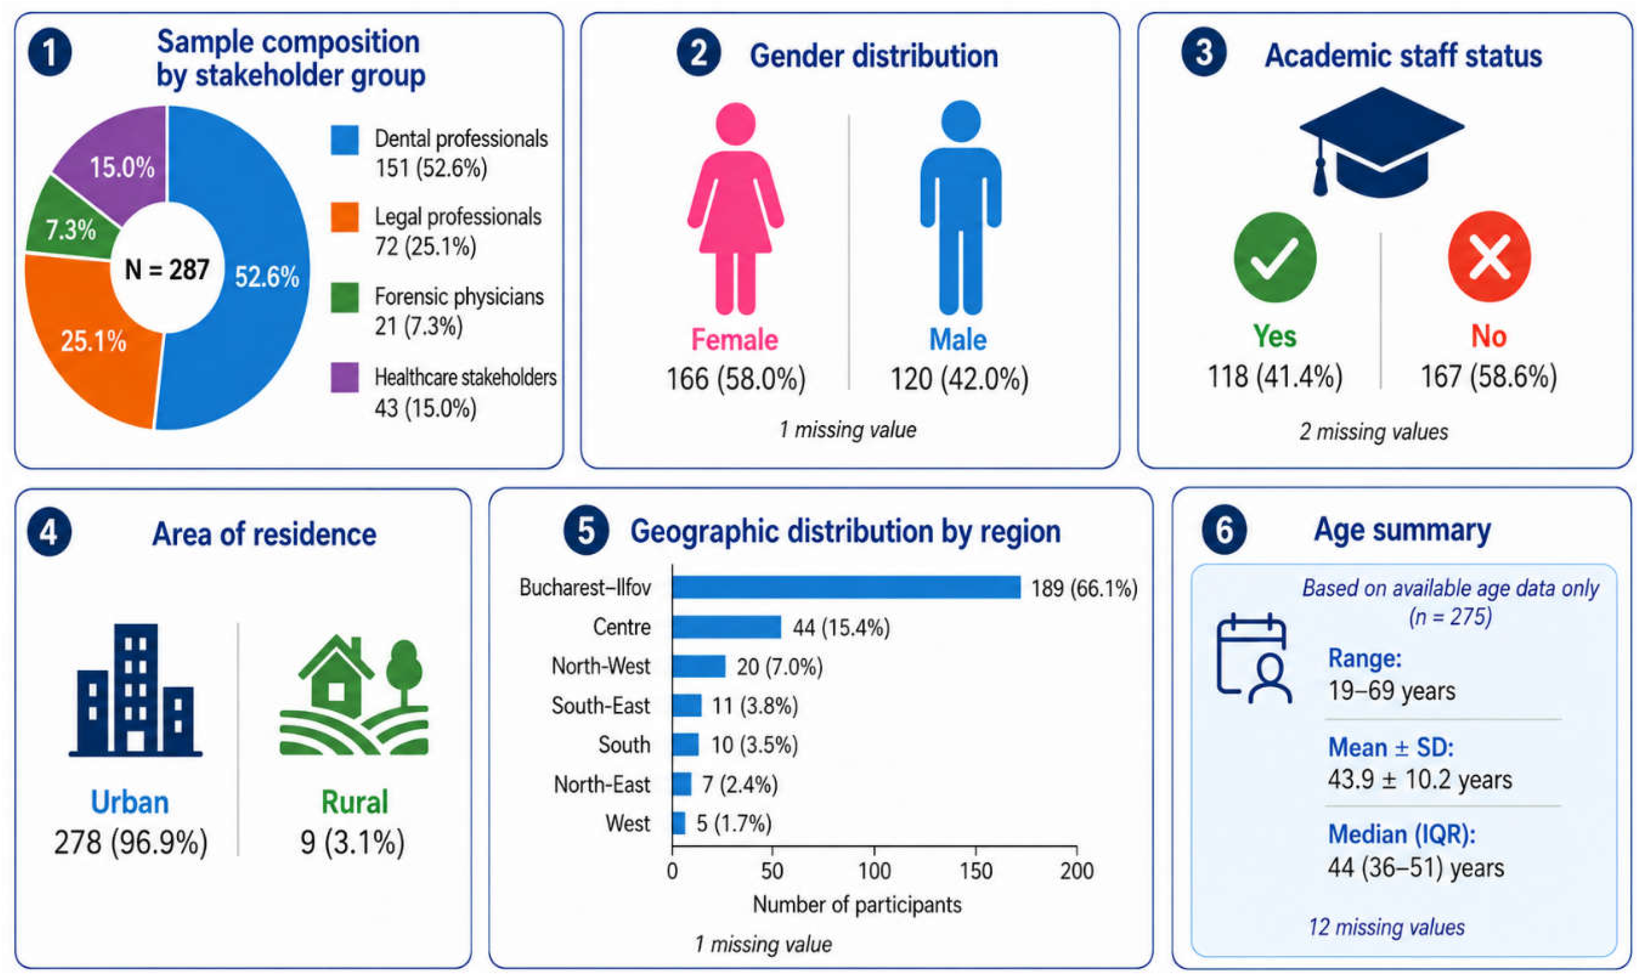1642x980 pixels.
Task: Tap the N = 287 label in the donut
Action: [x=167, y=270]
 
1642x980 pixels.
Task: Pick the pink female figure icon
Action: [x=736, y=208]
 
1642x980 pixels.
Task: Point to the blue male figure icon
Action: [x=961, y=207]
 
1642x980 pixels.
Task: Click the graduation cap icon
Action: [x=1381, y=142]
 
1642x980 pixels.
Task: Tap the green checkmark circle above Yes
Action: [x=1275, y=257]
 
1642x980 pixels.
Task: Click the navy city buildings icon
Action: [x=135, y=690]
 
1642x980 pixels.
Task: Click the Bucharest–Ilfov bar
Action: [x=846, y=587]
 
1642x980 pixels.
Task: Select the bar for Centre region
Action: [x=727, y=627]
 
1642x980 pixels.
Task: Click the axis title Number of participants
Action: [x=857, y=905]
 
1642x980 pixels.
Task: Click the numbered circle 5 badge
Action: [x=585, y=531]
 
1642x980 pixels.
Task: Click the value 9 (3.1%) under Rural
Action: [x=352, y=843]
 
